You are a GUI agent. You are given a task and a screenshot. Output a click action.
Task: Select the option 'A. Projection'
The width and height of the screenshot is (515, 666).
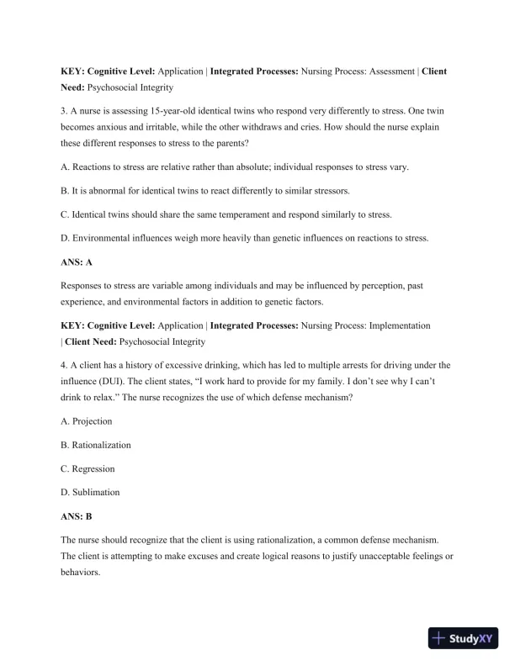87,421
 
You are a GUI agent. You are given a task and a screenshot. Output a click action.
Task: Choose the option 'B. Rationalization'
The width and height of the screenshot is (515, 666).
96,445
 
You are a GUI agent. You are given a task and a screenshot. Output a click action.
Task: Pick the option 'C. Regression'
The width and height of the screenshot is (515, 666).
88,468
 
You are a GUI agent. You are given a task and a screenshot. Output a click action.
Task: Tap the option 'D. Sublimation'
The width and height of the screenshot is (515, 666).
90,492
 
